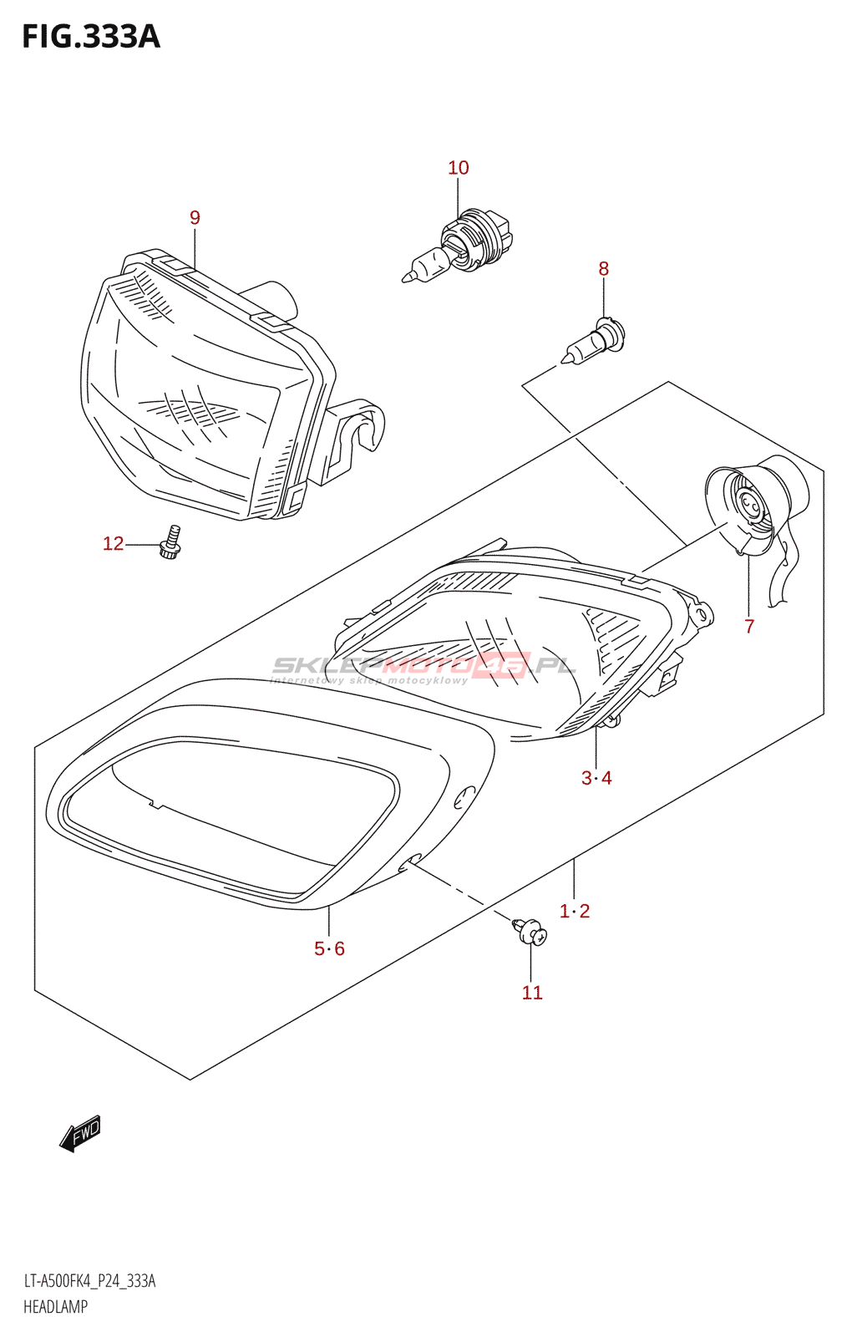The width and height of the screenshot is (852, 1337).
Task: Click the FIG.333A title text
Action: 90,37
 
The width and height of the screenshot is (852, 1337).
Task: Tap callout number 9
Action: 195,218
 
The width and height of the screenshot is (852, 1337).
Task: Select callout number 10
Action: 459,168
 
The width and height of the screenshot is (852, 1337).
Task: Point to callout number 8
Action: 603,269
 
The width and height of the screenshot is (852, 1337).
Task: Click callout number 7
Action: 749,627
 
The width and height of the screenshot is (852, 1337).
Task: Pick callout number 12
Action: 113,544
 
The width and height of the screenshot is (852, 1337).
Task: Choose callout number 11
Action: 532,993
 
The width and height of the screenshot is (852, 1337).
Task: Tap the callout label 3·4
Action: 596,778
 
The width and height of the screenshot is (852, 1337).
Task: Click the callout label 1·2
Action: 575,911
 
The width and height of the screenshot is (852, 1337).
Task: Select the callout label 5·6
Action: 329,948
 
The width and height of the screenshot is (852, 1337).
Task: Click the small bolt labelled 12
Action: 171,543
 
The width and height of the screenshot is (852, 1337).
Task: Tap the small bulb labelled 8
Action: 594,343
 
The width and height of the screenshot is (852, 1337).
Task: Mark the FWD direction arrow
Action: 80,1134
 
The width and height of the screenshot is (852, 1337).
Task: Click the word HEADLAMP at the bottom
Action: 55,1307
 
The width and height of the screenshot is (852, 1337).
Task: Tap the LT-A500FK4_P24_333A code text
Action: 89,1282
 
